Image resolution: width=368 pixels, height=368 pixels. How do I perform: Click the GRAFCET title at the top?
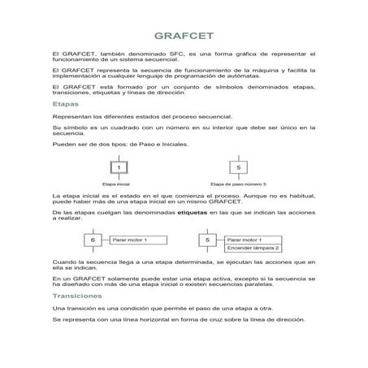click(184, 37)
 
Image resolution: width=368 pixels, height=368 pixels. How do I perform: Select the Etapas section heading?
click(64, 105)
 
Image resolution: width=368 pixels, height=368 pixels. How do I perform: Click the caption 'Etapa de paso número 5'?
click(238, 184)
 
